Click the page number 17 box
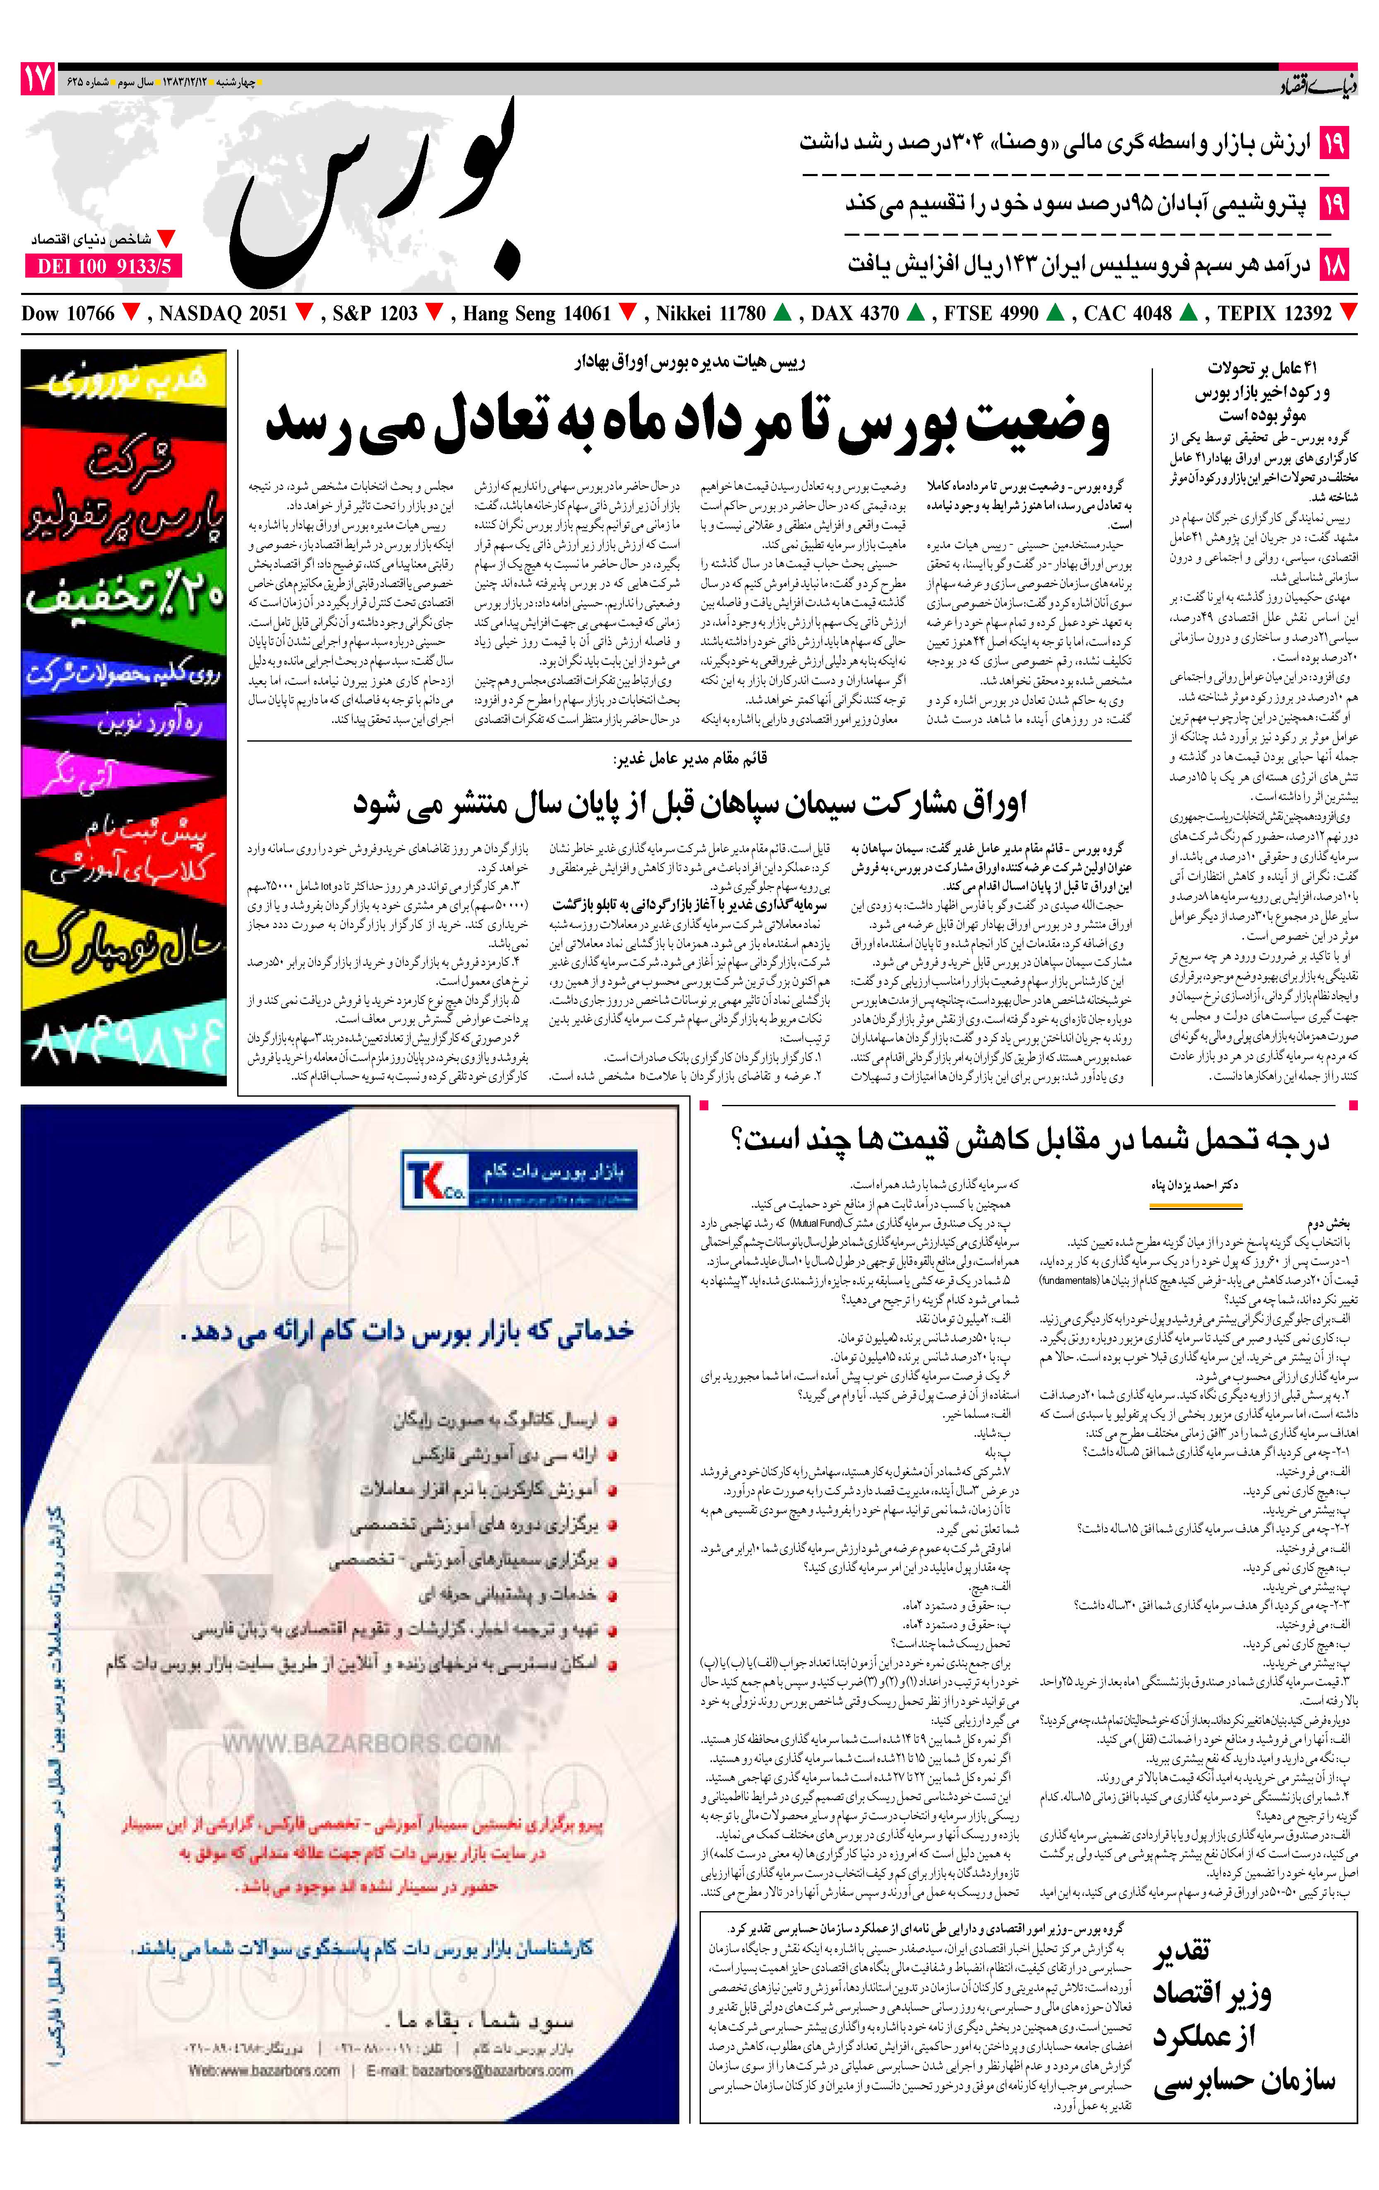(37, 80)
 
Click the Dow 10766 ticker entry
(68, 314)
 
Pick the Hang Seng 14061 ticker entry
(537, 314)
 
